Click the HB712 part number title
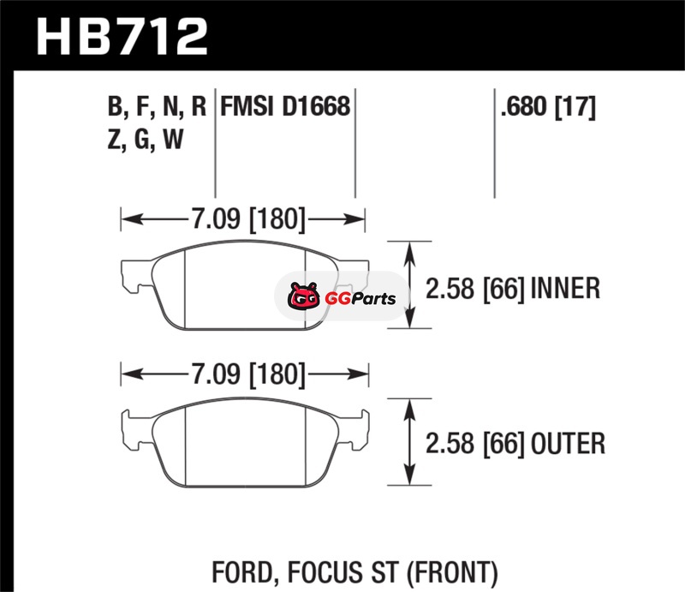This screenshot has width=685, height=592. pos(122,37)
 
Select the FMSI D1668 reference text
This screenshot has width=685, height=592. pos(285,106)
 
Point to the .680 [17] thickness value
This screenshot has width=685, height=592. pos(548,107)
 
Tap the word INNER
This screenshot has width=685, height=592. pos(565,289)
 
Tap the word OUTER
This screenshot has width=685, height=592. pos(568,443)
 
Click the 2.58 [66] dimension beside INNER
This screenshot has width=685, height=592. pos(474,289)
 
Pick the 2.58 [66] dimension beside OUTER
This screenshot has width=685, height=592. pos(474,444)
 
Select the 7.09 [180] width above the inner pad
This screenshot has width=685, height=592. pos(248,218)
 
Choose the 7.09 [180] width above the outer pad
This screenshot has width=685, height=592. pos(248,374)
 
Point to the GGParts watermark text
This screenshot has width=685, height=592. pos(360,299)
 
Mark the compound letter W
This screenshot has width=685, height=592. pos(173,140)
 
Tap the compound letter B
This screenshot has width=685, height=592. pos(116,106)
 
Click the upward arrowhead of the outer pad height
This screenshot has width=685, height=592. pos(409,409)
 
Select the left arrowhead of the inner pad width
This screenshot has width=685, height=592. pos(132,218)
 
